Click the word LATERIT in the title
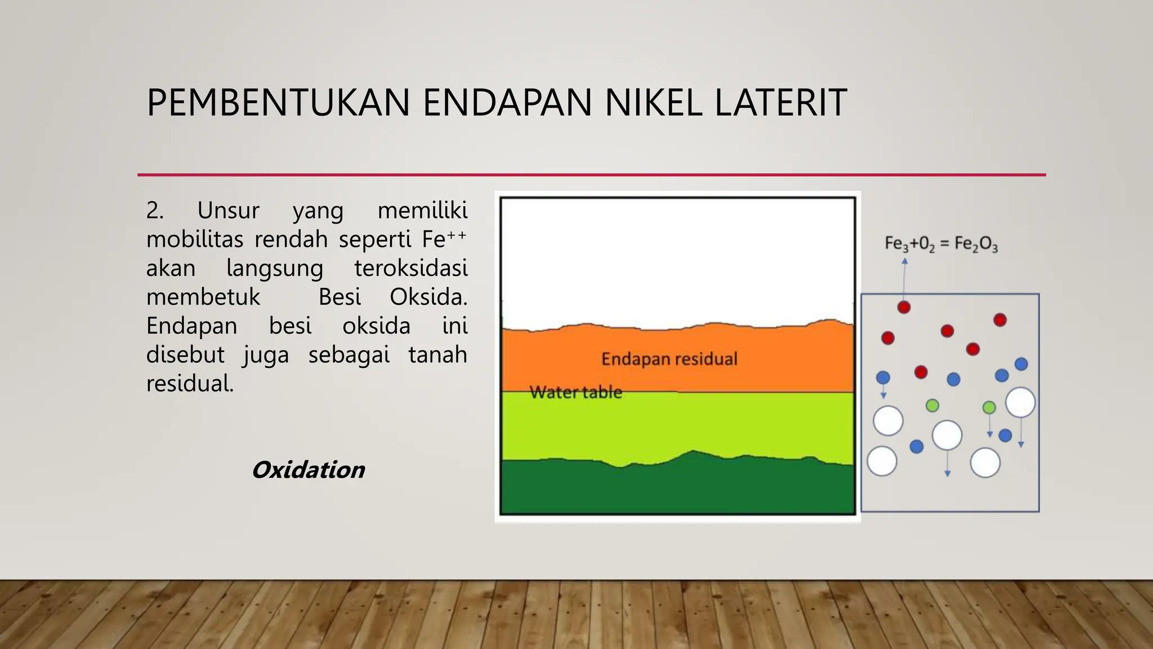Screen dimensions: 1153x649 780,103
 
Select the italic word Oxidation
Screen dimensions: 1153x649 308,470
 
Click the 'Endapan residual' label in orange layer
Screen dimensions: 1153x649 669,359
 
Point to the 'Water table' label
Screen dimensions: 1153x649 575,392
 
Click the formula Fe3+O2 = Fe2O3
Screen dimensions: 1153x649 941,244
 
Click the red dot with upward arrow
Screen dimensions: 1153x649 904,307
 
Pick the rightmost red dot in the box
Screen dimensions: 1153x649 1000,320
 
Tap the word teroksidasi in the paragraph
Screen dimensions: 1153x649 410,268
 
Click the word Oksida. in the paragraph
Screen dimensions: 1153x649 428,297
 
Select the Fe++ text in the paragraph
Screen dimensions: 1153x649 444,239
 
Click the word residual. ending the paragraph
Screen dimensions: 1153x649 190,384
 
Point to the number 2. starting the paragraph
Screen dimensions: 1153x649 155,211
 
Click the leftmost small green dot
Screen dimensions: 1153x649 932,405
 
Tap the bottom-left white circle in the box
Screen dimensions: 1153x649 882,461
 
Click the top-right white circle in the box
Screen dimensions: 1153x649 1020,402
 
